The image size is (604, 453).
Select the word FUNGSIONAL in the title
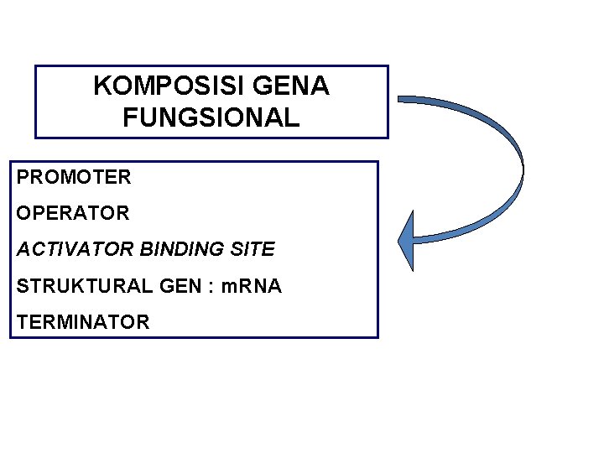pyautogui.click(x=211, y=118)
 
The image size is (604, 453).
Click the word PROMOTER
pyautogui.click(x=74, y=178)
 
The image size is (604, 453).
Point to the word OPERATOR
pyautogui.click(x=73, y=214)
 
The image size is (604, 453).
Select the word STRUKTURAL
pyautogui.click(x=83, y=286)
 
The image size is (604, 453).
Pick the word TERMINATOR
pyautogui.click(x=83, y=322)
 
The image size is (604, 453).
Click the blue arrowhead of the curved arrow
pyautogui.click(x=408, y=240)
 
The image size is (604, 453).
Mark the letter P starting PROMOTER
pyautogui.click(x=22, y=178)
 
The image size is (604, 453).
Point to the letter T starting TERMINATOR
pyautogui.click(x=22, y=322)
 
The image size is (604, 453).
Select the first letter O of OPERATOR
pyautogui.click(x=23, y=214)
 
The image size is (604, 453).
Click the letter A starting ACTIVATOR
pyautogui.click(x=23, y=250)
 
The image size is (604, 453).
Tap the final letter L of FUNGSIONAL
pyautogui.click(x=292, y=118)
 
